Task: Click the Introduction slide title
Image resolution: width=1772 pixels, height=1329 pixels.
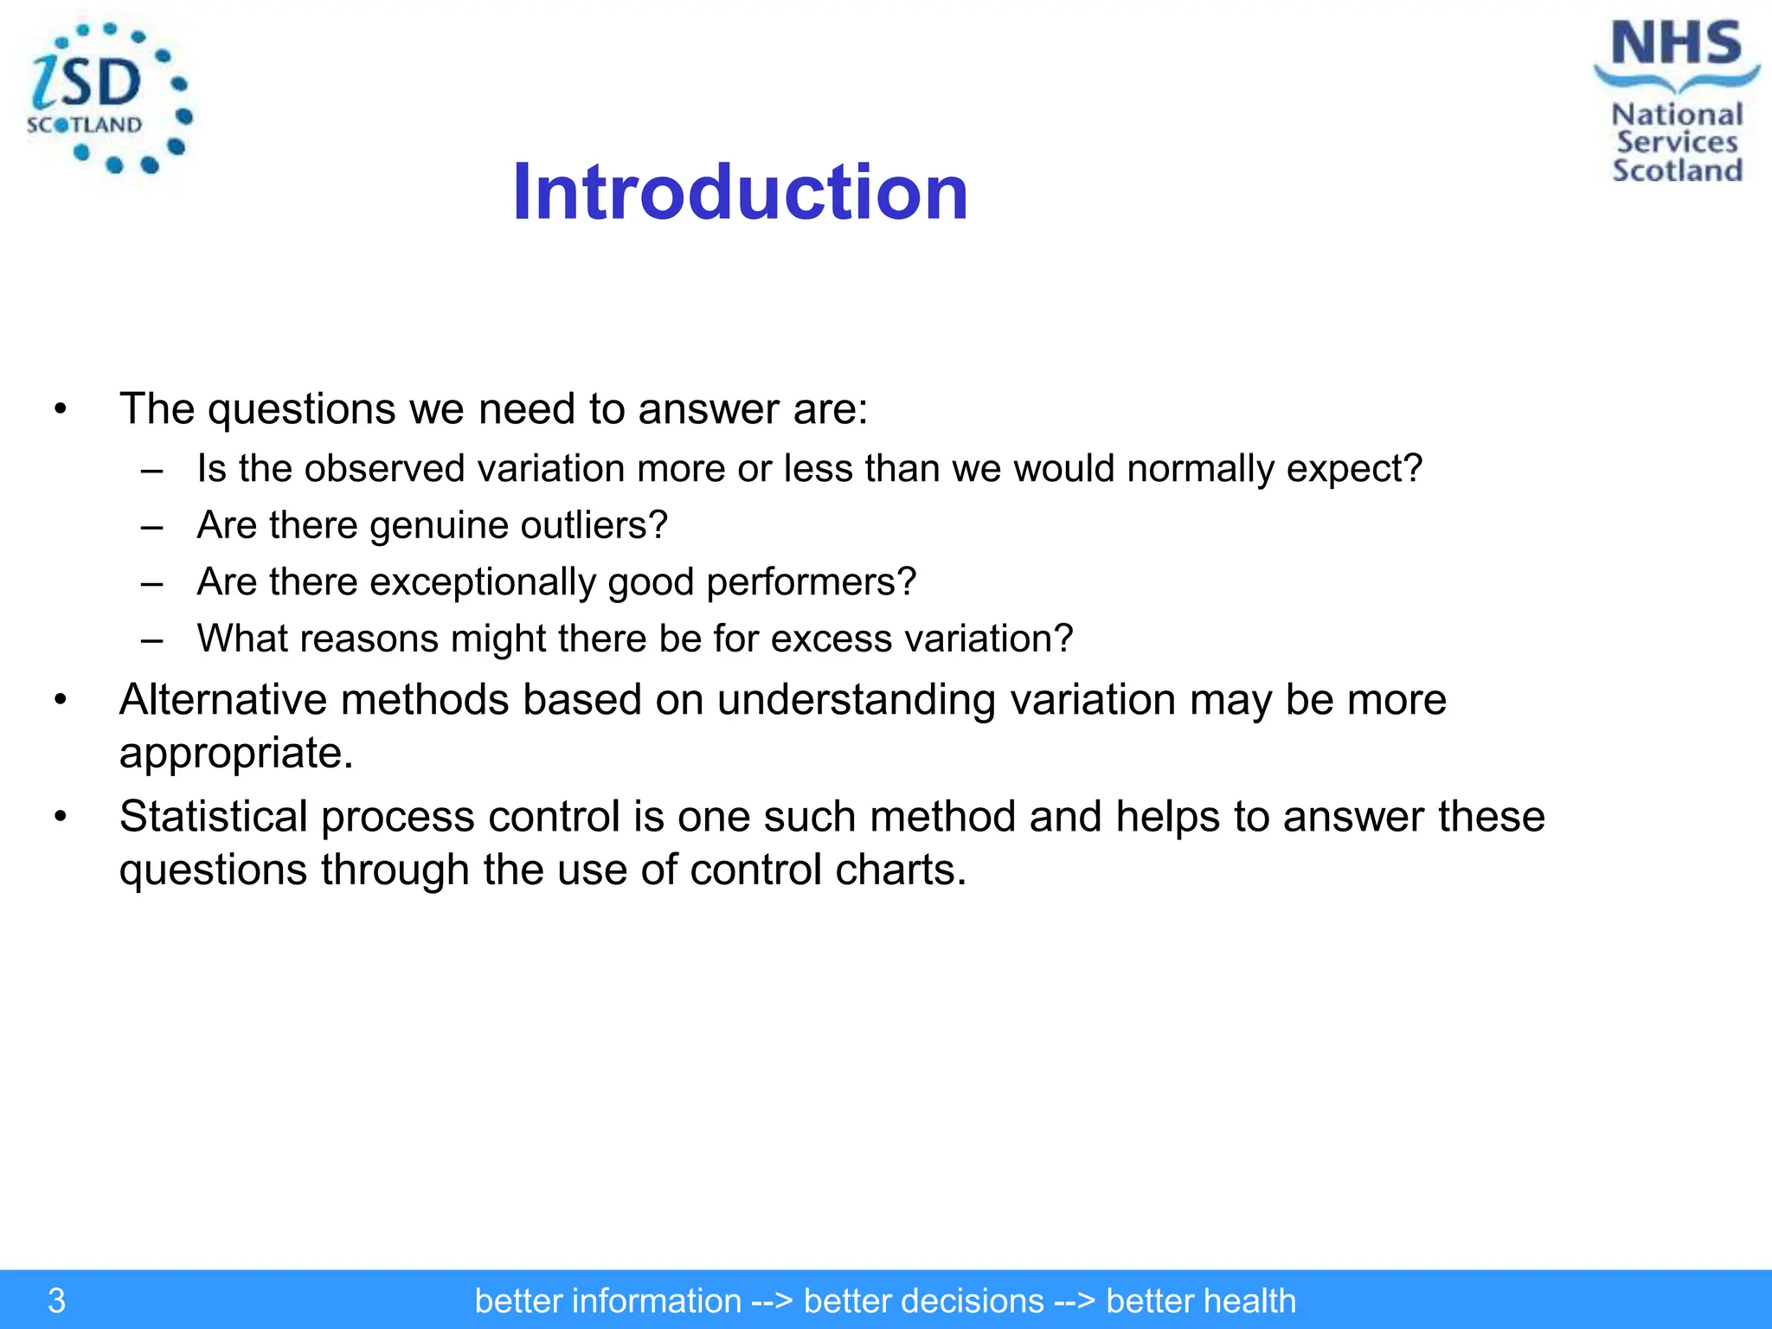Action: pyautogui.click(x=740, y=192)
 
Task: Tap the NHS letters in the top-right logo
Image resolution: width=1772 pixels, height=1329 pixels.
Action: pyautogui.click(x=1676, y=44)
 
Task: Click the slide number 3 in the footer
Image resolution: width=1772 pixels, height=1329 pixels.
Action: pyautogui.click(x=56, y=1300)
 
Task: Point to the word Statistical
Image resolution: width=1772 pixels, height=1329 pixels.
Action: pyautogui.click(x=213, y=816)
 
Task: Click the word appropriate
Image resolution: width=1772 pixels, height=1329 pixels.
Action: pyautogui.click(x=235, y=753)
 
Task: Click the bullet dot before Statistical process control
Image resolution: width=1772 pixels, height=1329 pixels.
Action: pyautogui.click(x=60, y=817)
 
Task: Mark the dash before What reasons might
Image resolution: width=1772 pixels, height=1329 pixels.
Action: pyautogui.click(x=152, y=639)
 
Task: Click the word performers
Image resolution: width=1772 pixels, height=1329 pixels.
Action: pyautogui.click(x=811, y=582)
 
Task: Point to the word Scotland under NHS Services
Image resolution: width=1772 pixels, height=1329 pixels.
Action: pyautogui.click(x=1677, y=170)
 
